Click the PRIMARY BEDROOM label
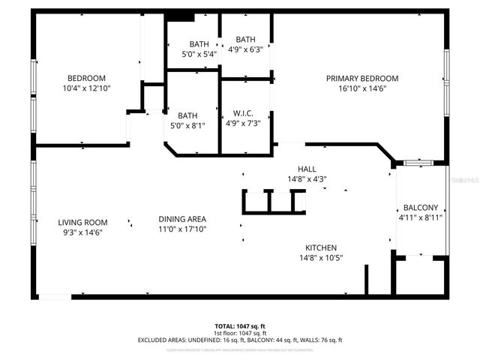click(x=361, y=78)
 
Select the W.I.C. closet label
click(x=243, y=113)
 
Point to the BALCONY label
click(x=420, y=208)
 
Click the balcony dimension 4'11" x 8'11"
click(x=420, y=217)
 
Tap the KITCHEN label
click(x=320, y=248)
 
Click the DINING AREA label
click(x=183, y=220)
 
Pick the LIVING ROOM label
click(x=82, y=223)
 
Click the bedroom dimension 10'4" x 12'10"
click(x=87, y=88)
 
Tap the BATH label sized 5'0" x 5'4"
click(x=199, y=44)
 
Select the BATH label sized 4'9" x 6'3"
click(x=245, y=40)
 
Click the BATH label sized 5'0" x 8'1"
click(x=187, y=115)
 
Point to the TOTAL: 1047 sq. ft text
click(x=240, y=326)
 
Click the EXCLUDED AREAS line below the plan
click(x=240, y=340)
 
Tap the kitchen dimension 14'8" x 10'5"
click(x=320, y=259)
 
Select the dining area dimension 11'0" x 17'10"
click(x=183, y=229)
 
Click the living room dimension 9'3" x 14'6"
click(x=82, y=232)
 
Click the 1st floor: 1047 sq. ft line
click(x=240, y=333)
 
